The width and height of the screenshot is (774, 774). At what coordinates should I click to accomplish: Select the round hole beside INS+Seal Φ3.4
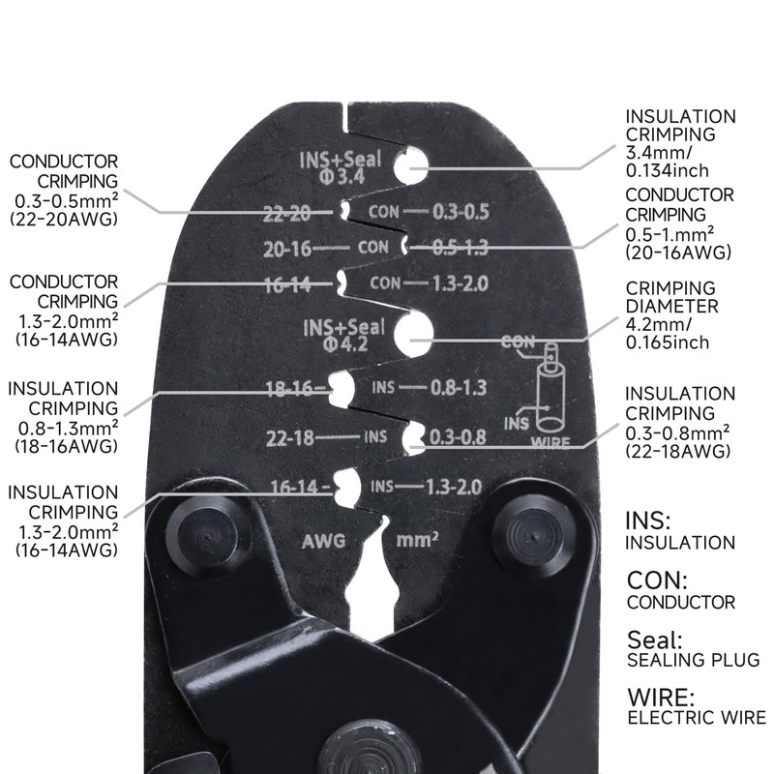(x=412, y=165)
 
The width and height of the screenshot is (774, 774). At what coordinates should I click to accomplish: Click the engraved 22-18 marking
(x=290, y=437)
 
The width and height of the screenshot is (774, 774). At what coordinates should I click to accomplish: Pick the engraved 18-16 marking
(x=294, y=390)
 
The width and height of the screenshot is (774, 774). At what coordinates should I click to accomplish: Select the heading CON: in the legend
(x=657, y=580)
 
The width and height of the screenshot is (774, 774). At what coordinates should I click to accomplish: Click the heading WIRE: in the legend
(x=660, y=697)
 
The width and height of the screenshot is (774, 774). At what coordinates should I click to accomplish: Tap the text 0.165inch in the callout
(x=667, y=342)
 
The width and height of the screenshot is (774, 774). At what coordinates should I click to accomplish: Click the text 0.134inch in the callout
(x=667, y=171)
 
